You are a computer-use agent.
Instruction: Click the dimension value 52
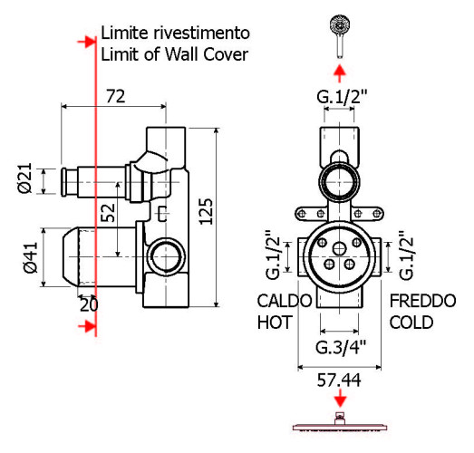tap(108, 214)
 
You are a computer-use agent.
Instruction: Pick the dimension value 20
tap(88, 305)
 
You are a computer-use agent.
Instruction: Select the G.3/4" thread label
tap(339, 347)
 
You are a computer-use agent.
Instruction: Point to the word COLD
tap(411, 323)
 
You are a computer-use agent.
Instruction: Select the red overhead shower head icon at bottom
tap(339, 424)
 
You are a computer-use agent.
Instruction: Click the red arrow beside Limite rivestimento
tap(87, 42)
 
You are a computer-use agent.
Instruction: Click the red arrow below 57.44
tap(339, 400)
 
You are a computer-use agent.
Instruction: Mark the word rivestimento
tap(199, 33)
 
